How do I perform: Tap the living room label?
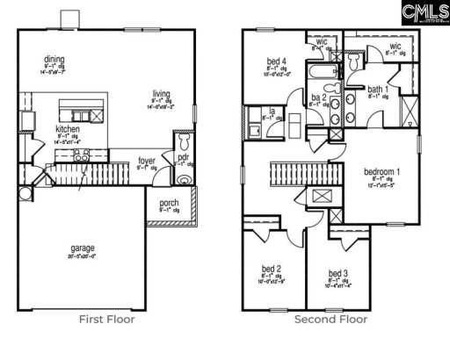(x=161, y=94)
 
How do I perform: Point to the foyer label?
(x=148, y=161)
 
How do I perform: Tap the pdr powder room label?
(x=184, y=158)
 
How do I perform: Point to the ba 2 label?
(x=318, y=97)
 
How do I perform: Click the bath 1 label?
(x=378, y=90)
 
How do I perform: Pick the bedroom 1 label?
(x=382, y=172)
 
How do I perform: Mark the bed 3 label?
(x=337, y=273)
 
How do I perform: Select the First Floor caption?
(x=106, y=319)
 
